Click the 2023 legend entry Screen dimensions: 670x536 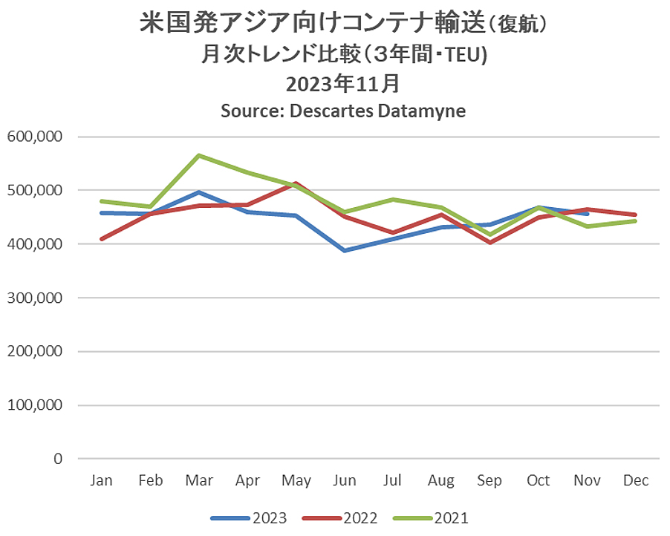pyautogui.click(x=249, y=518)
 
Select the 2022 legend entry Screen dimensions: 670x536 pyautogui.click(x=340, y=518)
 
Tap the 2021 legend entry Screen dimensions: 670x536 pyautogui.click(x=431, y=518)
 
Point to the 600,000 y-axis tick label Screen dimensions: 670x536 pyautogui.click(x=35, y=137)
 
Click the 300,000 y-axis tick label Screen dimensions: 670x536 pyautogui.click(x=35, y=298)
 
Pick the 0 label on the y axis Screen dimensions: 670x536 pyautogui.click(x=58, y=459)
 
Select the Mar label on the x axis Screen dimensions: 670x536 pyautogui.click(x=199, y=480)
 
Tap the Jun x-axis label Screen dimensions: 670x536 pyautogui.click(x=345, y=480)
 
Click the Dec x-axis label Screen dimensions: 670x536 pyautogui.click(x=636, y=480)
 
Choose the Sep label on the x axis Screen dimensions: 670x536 pyautogui.click(x=490, y=481)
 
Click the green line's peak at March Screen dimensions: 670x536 pyautogui.click(x=199, y=155)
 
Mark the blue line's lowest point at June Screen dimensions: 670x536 pyautogui.click(x=345, y=251)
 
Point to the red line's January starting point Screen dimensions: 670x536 pyautogui.click(x=101, y=239)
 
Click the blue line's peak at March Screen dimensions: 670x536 pyautogui.click(x=199, y=192)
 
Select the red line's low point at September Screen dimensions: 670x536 pyautogui.click(x=490, y=243)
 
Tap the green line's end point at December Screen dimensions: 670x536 pyautogui.click(x=636, y=220)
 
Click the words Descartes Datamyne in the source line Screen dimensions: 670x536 pyautogui.click(x=378, y=111)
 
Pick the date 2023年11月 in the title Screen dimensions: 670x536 pyautogui.click(x=343, y=83)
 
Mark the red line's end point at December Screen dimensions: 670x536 pyautogui.click(x=636, y=215)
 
